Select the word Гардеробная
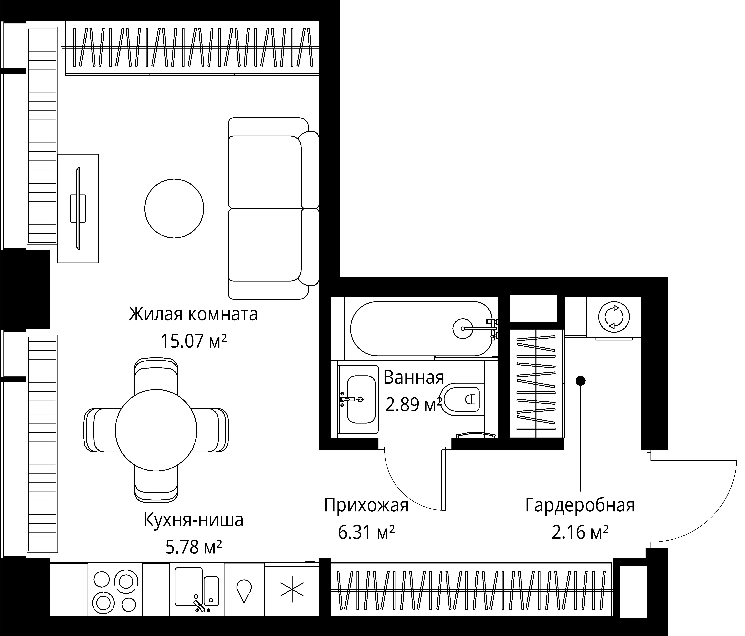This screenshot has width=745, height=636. (x=580, y=505)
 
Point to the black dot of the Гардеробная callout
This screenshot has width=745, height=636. (x=581, y=380)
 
